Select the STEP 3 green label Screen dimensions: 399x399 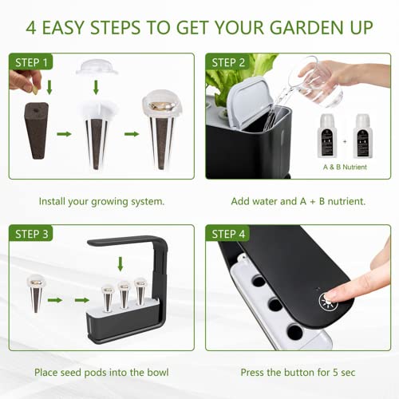[31, 233]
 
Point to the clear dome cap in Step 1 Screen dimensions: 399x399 [97, 66]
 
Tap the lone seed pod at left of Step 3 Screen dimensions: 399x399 [36, 296]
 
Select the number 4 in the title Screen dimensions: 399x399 [31, 26]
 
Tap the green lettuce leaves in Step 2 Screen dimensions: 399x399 [235, 80]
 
